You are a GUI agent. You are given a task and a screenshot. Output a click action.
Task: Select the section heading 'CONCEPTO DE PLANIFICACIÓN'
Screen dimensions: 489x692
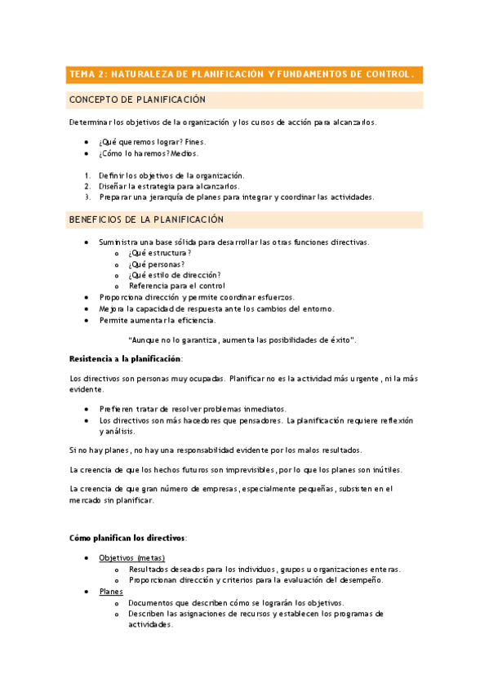coord(136,100)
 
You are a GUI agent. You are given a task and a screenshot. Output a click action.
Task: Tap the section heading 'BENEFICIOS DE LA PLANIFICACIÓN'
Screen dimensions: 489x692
coord(145,220)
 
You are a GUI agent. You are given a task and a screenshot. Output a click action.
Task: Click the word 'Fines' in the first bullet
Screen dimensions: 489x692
coord(195,141)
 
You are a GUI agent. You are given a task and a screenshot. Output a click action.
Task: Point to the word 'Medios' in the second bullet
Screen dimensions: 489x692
coord(184,153)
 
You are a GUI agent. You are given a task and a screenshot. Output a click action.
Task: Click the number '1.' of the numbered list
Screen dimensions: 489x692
coord(87,175)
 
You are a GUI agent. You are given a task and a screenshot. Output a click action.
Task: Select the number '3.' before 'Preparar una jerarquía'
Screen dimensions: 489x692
coord(87,197)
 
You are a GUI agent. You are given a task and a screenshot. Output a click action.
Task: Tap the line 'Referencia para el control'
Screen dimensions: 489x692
coord(176,286)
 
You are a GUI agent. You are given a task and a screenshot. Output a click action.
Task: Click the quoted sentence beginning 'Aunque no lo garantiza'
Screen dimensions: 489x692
coord(242,339)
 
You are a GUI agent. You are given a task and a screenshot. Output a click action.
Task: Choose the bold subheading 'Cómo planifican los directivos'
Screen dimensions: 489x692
coord(127,538)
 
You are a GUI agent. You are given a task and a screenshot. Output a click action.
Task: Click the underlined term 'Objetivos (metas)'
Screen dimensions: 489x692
coord(131,558)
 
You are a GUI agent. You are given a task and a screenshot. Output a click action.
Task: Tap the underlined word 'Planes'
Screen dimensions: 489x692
coord(111,591)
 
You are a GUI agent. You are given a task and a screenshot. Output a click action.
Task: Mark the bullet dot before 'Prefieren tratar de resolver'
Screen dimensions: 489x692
coord(87,409)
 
